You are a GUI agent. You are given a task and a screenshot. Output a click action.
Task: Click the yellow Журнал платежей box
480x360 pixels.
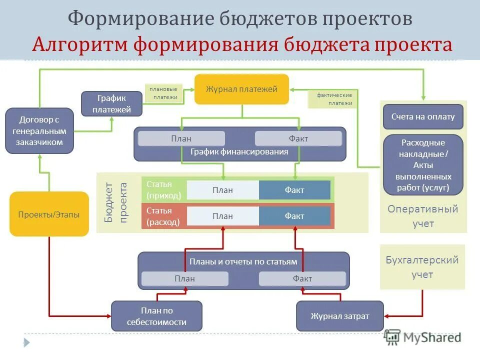tap(241, 89)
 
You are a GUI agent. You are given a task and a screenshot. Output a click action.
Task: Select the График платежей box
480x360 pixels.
tap(112, 103)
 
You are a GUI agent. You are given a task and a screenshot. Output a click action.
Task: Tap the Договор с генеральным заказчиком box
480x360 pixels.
tap(39, 131)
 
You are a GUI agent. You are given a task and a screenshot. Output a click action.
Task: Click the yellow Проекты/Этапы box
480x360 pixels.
tap(49, 214)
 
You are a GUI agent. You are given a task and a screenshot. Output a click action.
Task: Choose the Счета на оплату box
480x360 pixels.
tap(423, 117)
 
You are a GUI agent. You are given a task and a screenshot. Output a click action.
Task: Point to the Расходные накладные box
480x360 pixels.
tap(423, 164)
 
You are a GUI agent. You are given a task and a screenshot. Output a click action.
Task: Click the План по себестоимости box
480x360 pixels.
tap(156, 316)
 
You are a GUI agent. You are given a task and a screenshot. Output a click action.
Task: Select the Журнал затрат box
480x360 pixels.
tap(340, 316)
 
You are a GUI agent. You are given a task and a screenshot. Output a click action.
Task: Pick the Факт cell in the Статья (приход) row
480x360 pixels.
tap(294, 190)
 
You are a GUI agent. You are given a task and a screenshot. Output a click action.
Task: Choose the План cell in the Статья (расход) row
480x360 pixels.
tap(222, 216)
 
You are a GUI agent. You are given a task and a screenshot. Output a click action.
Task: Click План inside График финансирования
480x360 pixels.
tap(181, 138)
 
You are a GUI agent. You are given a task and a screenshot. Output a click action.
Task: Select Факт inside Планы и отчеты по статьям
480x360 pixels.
tap(302, 278)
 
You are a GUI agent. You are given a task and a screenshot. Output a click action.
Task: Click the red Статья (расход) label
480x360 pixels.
tap(164, 216)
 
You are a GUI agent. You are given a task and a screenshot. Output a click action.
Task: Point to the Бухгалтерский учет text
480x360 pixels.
tap(422, 267)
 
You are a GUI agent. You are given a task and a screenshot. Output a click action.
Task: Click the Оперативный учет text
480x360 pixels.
tap(423, 216)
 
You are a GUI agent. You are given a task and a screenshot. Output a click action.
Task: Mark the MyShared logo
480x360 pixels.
tap(423, 337)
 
